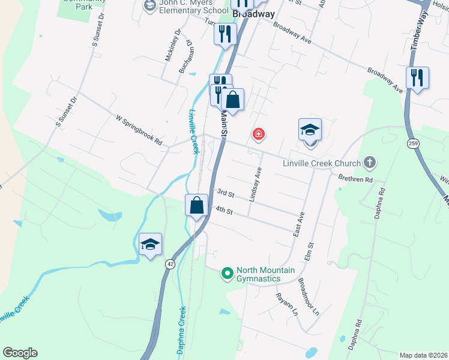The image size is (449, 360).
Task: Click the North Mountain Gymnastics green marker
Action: coord(227,274)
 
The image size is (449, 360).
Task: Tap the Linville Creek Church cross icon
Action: coord(370,163)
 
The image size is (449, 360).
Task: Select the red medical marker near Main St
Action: coord(259,134)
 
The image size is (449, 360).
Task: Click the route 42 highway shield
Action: coord(170,264)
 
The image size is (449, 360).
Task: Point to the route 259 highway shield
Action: coord(412,143)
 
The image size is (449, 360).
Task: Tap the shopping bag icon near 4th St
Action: coord(196,206)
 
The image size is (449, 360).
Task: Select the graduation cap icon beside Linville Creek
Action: coord(150,244)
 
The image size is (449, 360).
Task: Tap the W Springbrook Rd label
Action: coord(140,130)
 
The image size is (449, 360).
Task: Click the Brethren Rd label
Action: coord(356,179)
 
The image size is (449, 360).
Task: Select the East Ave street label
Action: coord(299,224)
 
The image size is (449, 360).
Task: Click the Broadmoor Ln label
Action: coord(309,296)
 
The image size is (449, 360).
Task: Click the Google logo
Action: coord(20,353)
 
